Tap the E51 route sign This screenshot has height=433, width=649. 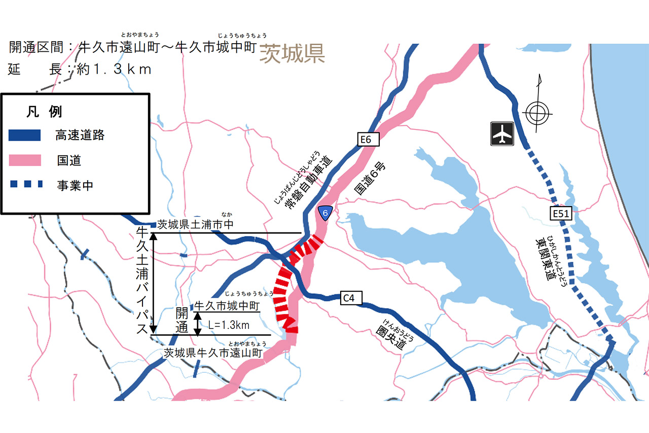(561, 214)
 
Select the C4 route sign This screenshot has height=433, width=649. (349, 298)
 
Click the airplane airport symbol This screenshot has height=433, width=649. (502, 134)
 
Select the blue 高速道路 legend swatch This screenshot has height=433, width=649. (24, 135)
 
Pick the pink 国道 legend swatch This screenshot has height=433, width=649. (24, 160)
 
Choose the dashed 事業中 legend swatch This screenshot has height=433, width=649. (24, 185)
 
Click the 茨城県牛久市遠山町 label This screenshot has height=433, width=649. (213, 353)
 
